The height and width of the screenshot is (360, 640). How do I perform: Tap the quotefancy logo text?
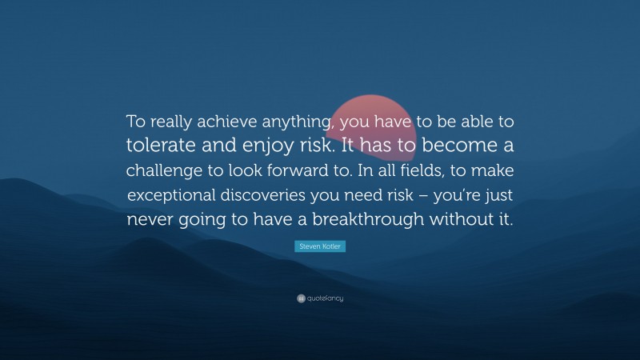pos(324,298)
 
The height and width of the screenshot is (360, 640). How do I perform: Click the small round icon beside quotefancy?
pos(301,298)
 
